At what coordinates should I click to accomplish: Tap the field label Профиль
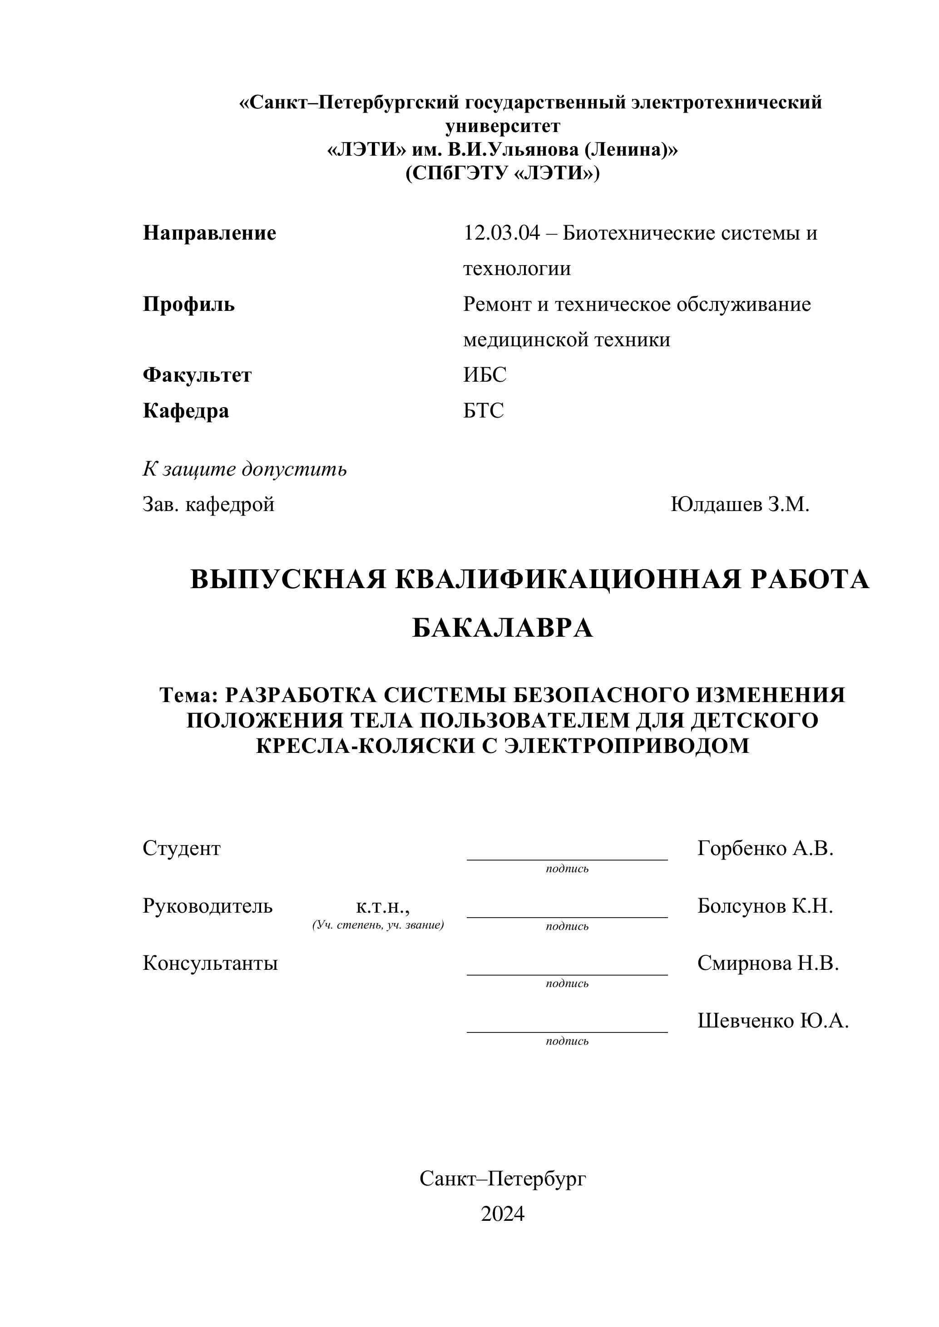coord(188,304)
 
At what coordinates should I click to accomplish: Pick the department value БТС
coord(484,410)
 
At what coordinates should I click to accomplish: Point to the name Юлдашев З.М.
coord(740,504)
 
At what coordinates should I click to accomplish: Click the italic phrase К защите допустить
coord(245,469)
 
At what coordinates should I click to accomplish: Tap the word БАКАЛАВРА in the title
coord(502,628)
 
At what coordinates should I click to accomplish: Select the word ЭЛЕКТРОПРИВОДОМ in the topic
coord(626,746)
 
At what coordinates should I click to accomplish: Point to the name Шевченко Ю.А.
coord(772,1021)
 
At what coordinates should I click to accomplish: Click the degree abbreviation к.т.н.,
coord(383,906)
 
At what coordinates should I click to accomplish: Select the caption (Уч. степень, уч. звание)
coord(378,925)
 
